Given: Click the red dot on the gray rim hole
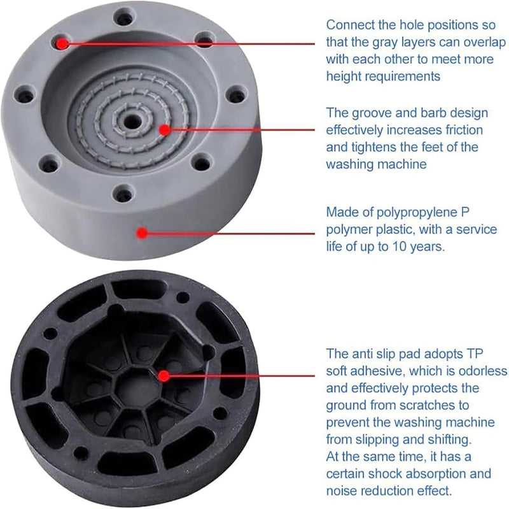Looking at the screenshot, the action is click(62, 43).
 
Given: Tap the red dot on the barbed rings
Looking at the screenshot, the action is click(165, 130).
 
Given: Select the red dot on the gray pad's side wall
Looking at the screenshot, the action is click(142, 233).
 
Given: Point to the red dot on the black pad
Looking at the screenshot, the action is click(164, 376).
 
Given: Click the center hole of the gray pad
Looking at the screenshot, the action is click(131, 122).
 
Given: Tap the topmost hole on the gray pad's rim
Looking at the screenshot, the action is click(124, 18).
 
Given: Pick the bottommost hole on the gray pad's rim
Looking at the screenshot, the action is click(123, 194).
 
